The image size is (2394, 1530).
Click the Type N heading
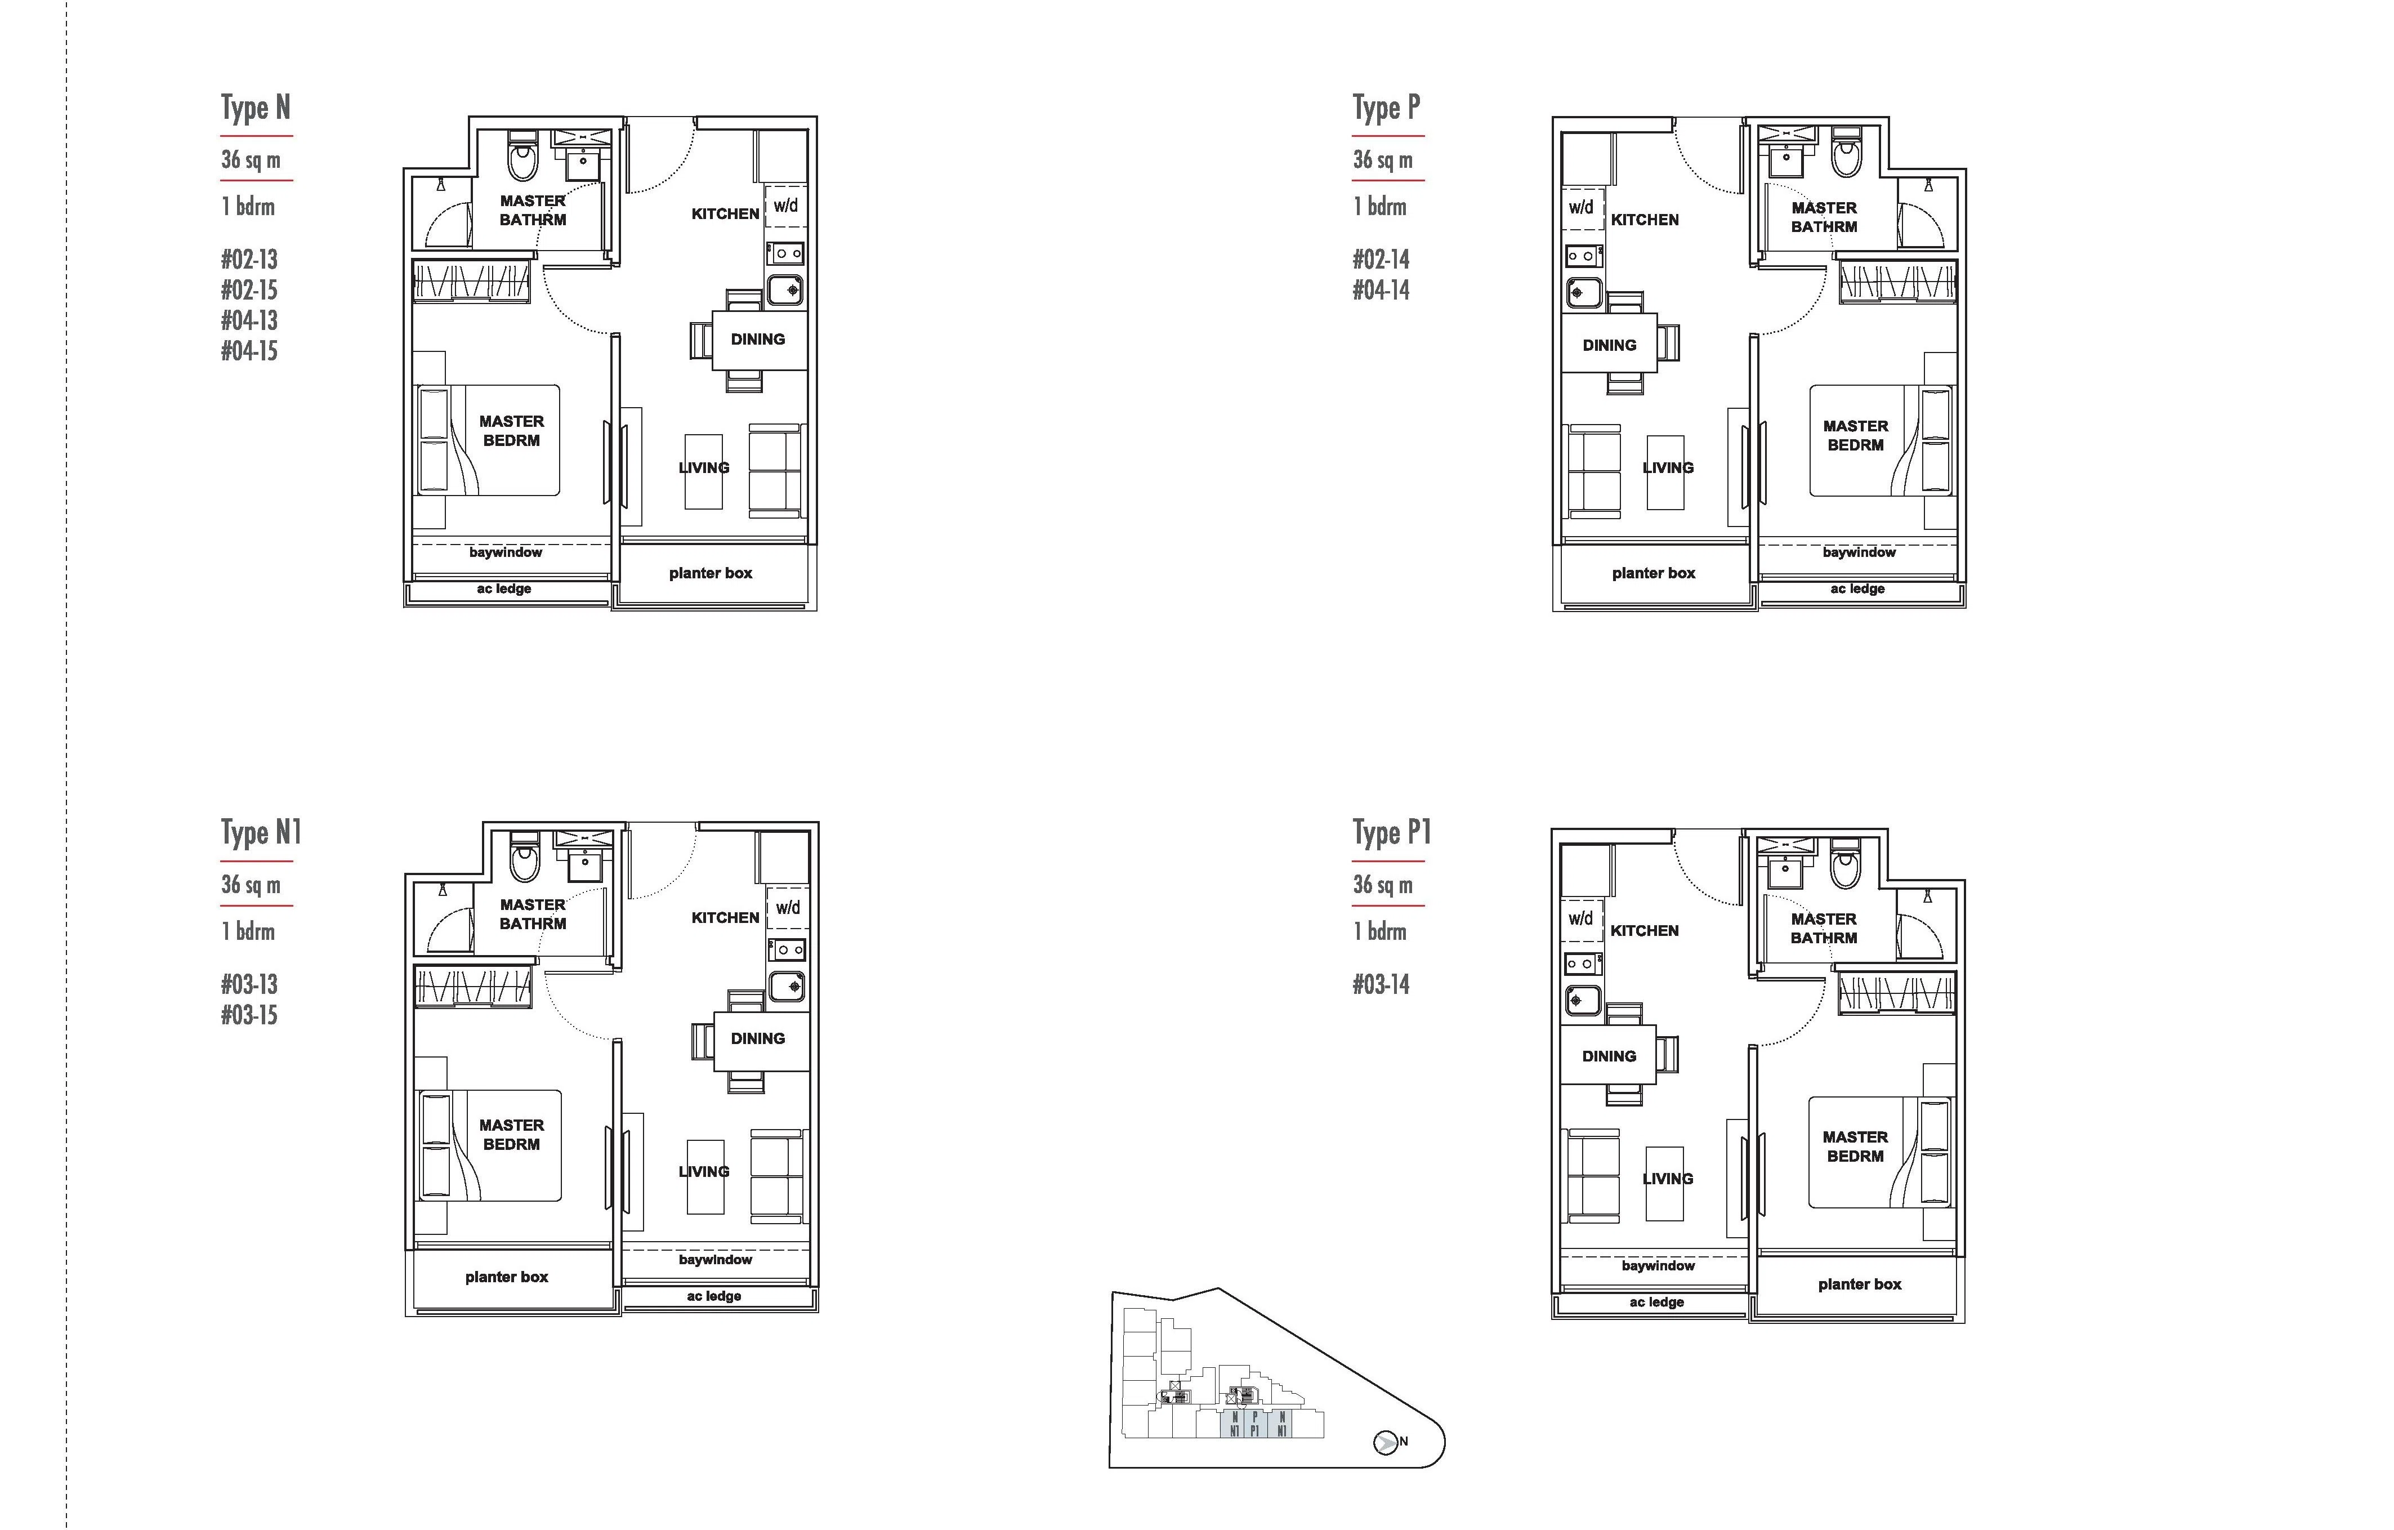click(256, 108)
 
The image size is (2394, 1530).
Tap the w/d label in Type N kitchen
click(785, 206)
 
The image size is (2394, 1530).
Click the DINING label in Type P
click(1609, 345)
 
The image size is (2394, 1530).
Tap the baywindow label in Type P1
click(1658, 1265)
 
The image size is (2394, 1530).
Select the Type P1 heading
click(1391, 832)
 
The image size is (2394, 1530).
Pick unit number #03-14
click(1381, 984)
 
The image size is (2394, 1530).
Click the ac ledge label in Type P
click(1857, 588)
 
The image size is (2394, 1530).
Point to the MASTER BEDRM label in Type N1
click(511, 1134)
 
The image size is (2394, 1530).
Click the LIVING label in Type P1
click(1667, 1179)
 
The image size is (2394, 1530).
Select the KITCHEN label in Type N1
click(725, 917)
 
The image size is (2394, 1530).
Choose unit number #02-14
click(1381, 260)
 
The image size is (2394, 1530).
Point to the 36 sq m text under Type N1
click(251, 885)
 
